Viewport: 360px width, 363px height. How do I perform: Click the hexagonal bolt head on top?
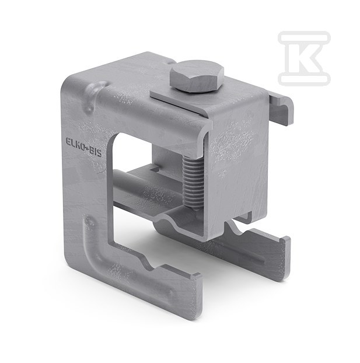tap(197, 76)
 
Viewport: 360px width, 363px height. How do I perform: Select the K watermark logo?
tap(304, 57)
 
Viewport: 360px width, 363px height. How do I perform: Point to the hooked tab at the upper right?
tap(281, 109)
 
